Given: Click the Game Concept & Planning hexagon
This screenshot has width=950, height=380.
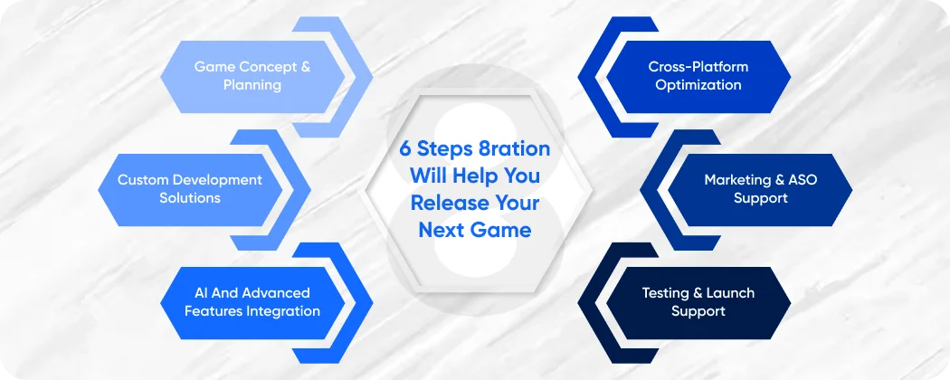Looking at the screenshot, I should pos(252,76).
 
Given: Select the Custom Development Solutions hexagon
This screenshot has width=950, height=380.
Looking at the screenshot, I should pos(189,189).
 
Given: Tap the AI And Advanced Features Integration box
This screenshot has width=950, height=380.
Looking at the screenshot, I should pos(252,302).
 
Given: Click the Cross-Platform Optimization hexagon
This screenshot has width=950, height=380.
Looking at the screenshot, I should pos(698,76).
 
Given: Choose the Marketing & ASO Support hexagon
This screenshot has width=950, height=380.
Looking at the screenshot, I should pos(760,189).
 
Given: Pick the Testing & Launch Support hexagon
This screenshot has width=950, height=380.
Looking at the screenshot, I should pos(698,302).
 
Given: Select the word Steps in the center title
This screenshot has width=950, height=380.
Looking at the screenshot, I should pos(443,148).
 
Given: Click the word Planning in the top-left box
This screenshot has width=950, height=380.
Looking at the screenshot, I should pos(252,85).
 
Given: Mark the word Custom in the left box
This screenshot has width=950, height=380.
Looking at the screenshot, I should pos(143,180).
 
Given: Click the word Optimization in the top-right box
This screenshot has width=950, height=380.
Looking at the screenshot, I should pos(698,85).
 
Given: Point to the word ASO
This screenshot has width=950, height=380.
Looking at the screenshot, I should pos(801,180).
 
